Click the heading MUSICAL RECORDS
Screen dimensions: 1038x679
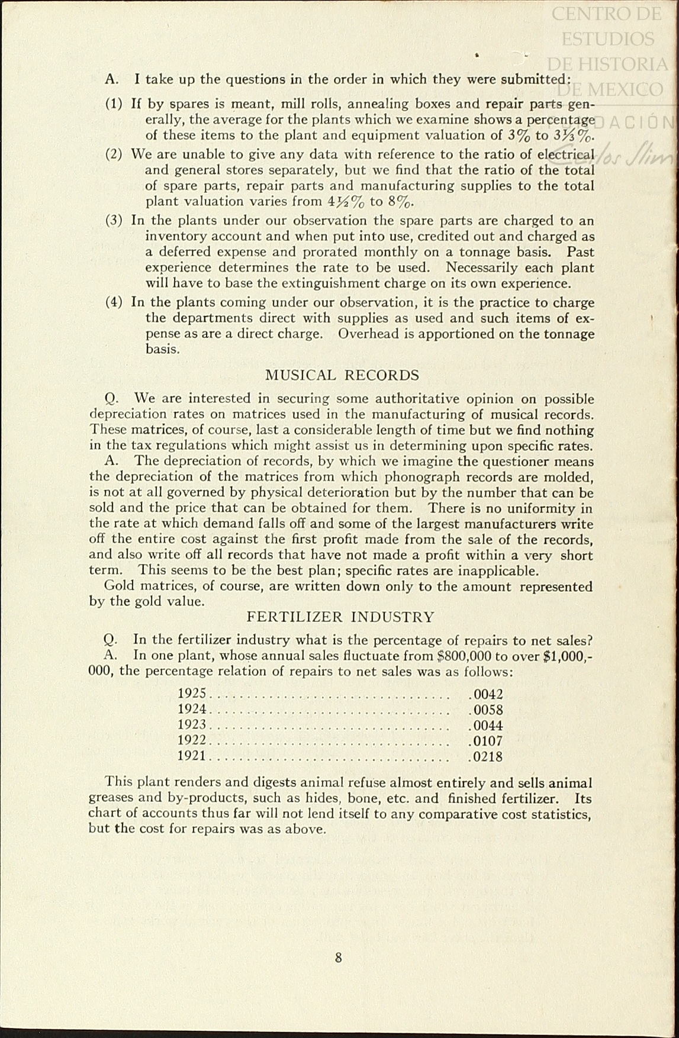pos(342,375)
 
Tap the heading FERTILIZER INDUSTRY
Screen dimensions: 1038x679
pos(340,617)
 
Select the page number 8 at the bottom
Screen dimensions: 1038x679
pos(339,958)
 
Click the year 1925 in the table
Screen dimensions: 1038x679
pos(192,694)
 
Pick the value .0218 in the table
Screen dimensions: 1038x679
pos(485,756)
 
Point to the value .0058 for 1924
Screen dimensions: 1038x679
pos(485,710)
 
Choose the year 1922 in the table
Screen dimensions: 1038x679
pos(192,741)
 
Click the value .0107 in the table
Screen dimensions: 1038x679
pos(485,741)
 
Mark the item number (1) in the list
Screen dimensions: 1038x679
pos(114,104)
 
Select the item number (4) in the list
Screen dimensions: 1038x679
pos(114,302)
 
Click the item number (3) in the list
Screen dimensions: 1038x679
pos(114,221)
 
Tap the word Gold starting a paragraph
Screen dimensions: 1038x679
pos(118,586)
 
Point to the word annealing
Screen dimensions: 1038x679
pos(377,104)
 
